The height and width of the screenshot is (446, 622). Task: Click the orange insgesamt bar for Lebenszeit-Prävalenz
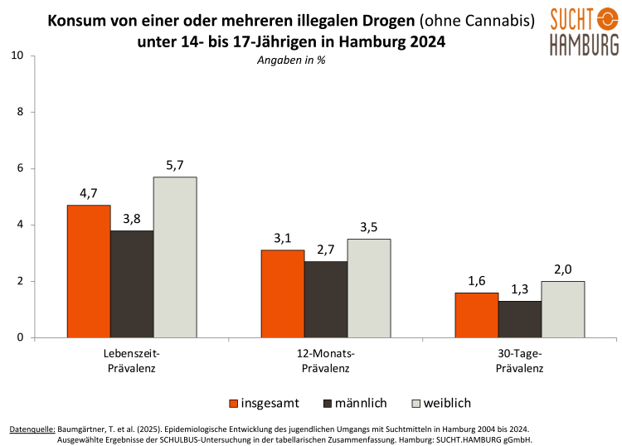pos(89,271)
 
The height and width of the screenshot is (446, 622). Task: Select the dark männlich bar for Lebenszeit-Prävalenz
pos(132,284)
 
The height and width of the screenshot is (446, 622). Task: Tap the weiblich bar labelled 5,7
pos(175,257)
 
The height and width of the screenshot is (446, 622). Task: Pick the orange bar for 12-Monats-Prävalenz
pos(283,293)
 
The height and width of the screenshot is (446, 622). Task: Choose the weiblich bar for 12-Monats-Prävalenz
pos(369,288)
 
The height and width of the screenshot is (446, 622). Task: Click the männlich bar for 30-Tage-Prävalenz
pos(520,319)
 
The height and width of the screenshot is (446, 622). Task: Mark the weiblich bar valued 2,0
pos(563,309)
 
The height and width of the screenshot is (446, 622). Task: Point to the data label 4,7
pos(89,194)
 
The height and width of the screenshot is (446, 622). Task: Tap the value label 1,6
pos(477,282)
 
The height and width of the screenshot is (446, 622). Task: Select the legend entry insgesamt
pos(264,403)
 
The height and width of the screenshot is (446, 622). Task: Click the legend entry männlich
pos(354,403)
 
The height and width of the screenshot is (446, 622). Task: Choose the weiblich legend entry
pos(440,403)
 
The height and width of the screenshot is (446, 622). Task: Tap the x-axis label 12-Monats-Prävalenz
pos(326,361)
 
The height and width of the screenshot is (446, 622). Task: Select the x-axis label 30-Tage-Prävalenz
pos(520,361)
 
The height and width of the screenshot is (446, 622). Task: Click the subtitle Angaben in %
pos(290,61)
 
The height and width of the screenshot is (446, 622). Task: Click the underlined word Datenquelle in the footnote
pos(32,429)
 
